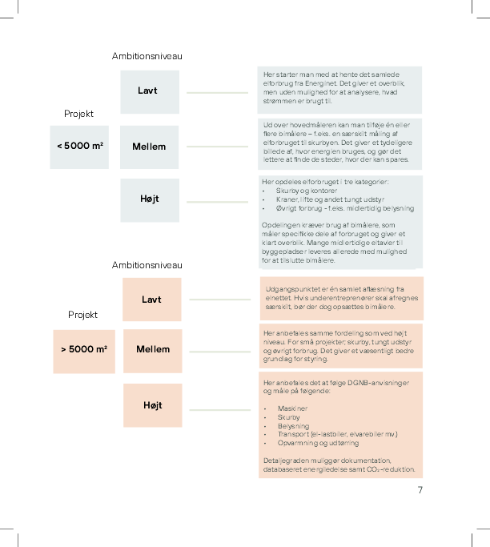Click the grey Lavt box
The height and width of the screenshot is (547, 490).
(x=149, y=91)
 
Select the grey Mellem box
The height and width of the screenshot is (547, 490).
(x=149, y=147)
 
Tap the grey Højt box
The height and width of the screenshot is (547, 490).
(x=149, y=199)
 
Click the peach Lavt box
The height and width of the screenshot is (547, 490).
(x=152, y=300)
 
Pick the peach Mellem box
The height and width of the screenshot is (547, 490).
(x=152, y=350)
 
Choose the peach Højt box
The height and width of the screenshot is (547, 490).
(x=152, y=405)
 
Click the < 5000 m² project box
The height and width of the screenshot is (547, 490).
(x=78, y=147)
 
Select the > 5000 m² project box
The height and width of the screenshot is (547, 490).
(x=83, y=350)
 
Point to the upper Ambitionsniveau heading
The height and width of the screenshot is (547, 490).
(x=147, y=56)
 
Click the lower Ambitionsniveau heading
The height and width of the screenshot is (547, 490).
(x=147, y=265)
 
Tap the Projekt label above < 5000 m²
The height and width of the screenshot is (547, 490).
(x=78, y=114)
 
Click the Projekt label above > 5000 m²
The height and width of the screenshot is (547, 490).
(x=82, y=315)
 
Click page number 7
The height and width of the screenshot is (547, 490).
(x=420, y=490)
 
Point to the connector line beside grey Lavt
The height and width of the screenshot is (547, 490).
(x=218, y=94)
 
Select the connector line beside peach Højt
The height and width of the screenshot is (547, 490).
(x=219, y=410)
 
